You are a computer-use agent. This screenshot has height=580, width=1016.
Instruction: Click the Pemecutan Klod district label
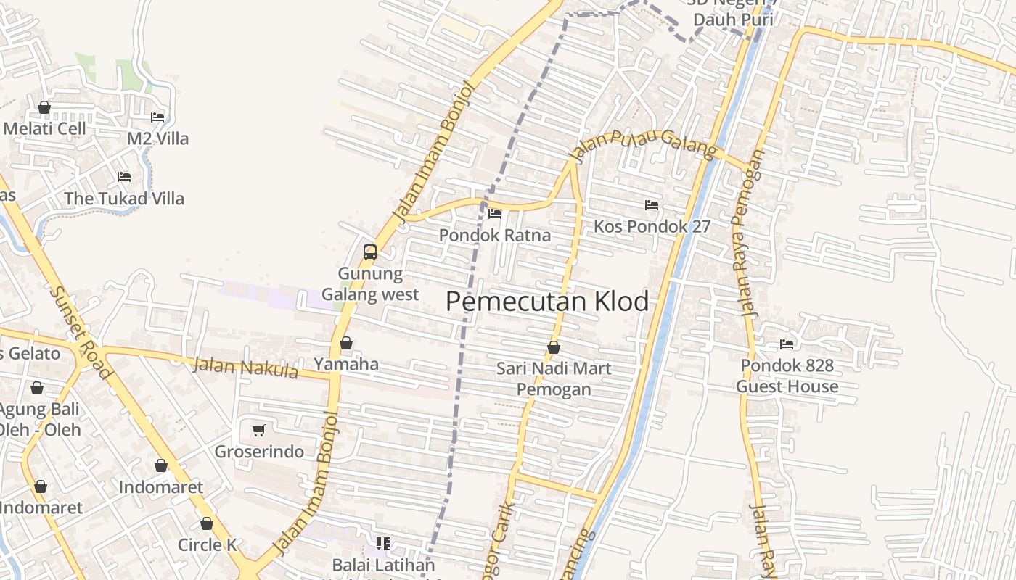[x=547, y=302]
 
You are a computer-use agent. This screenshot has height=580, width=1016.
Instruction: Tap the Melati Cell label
[x=45, y=128]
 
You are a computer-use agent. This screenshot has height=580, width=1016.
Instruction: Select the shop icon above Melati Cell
[x=44, y=108]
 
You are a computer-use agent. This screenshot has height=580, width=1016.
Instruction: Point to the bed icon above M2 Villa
[x=157, y=117]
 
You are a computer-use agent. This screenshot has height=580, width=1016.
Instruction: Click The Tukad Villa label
[x=124, y=198]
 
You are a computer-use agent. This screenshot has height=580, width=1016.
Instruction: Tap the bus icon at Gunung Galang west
[x=370, y=252]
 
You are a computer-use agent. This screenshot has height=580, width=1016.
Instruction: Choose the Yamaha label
[x=346, y=363]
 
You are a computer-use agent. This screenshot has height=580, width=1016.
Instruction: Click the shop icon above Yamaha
[x=346, y=343]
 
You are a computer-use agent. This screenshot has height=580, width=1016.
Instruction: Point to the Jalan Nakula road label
[x=245, y=367]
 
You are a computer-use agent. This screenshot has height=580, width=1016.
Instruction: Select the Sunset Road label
[x=80, y=332]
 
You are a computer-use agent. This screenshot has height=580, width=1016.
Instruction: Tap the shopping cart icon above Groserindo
[x=258, y=431]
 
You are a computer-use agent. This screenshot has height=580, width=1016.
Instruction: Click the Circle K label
[x=208, y=544]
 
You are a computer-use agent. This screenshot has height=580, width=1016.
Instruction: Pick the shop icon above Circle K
[x=207, y=523]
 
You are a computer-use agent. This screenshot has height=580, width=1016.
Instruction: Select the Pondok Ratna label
[x=495, y=235]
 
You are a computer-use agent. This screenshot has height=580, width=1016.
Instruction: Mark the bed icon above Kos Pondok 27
[x=652, y=205]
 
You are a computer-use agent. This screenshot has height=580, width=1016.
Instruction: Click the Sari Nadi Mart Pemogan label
[x=554, y=378]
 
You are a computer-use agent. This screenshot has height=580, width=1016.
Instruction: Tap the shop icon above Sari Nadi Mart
[x=554, y=348]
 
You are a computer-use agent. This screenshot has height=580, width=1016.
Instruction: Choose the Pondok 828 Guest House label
[x=787, y=376]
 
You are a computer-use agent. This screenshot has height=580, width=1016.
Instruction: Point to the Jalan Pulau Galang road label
[x=644, y=144]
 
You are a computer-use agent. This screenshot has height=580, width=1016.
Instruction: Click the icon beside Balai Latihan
[x=383, y=544]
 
